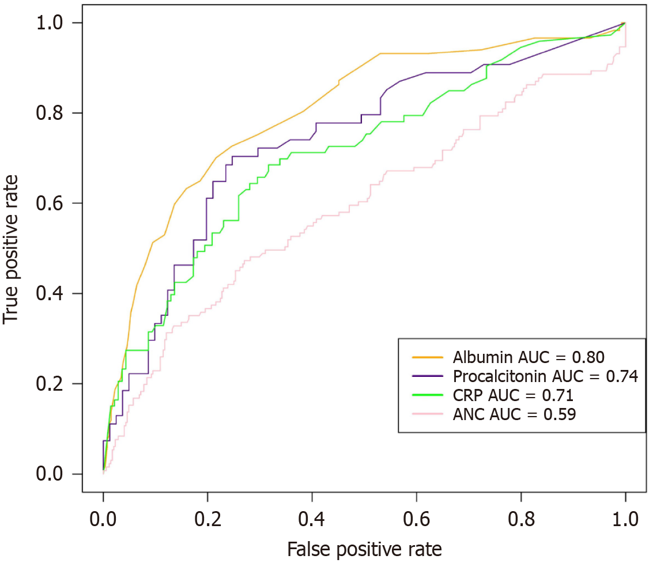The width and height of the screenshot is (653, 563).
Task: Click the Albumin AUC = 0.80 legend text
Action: (x=529, y=357)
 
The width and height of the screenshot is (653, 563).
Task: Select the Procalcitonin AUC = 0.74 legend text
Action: (x=545, y=377)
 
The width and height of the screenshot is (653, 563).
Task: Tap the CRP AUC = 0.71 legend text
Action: (x=513, y=395)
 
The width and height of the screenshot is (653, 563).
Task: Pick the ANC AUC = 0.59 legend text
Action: (x=514, y=414)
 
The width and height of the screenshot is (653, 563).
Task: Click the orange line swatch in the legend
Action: (x=427, y=357)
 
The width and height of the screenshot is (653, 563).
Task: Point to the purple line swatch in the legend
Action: (x=427, y=376)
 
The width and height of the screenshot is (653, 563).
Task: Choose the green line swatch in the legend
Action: (x=427, y=395)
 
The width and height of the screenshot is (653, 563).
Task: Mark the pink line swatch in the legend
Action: (x=427, y=414)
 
